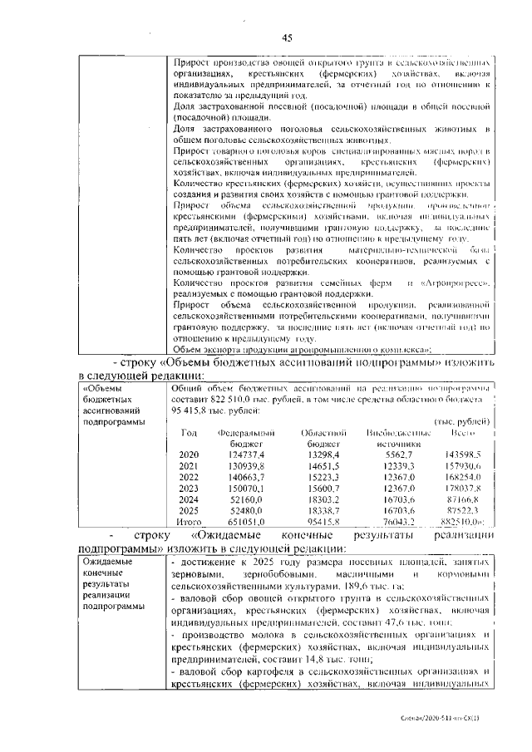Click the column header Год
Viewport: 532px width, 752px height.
tap(189, 433)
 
